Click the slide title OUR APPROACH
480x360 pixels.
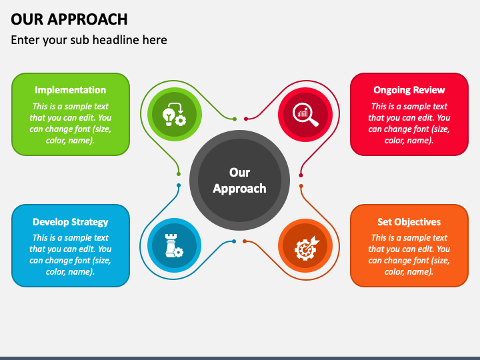[69, 19]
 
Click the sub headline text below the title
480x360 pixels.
[89, 40]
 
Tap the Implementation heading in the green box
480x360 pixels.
[70, 90]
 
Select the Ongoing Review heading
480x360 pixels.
[409, 90]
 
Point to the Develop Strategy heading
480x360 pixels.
[70, 222]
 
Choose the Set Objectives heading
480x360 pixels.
[409, 222]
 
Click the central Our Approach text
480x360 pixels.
[239, 181]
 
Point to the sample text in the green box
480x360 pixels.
[70, 123]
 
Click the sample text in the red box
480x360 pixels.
[409, 123]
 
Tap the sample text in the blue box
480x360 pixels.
[70, 255]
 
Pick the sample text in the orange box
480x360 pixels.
[409, 255]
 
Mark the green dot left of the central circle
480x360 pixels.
[179, 174]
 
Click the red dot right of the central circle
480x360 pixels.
[301, 174]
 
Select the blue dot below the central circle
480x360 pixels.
[234, 241]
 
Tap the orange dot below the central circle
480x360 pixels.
[245, 241]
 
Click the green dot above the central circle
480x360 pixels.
[234, 119]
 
